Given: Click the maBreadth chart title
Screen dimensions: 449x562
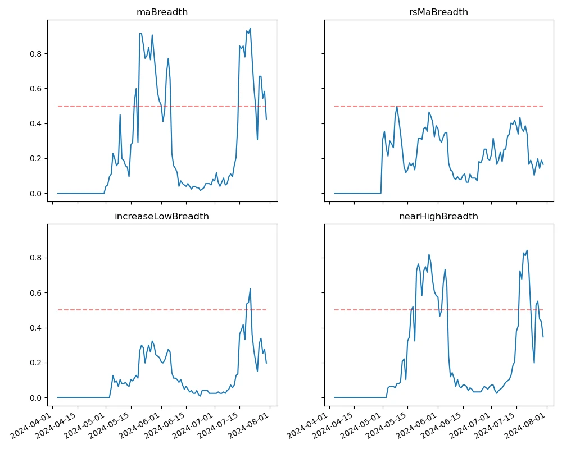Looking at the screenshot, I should (x=162, y=12).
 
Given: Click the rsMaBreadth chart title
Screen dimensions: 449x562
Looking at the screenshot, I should (x=439, y=12).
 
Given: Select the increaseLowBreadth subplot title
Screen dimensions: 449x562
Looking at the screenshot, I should (x=162, y=216).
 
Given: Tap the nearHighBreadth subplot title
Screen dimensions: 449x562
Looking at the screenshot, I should (x=439, y=216).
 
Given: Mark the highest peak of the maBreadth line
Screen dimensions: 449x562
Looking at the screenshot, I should (x=250, y=28).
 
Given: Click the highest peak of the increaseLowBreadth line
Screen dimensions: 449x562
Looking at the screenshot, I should (x=250, y=288).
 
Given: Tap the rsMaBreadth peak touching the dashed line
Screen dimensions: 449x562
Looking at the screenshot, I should (x=397, y=106).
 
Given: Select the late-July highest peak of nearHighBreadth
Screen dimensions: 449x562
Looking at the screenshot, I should (x=527, y=250).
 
